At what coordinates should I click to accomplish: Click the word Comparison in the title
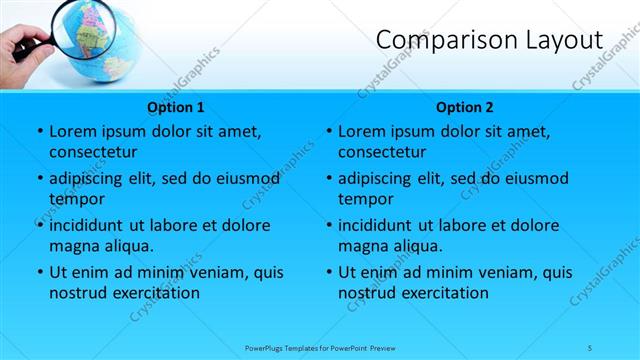pos(441,40)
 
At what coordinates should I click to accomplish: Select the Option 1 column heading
pos(176,107)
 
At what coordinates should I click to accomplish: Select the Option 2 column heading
pos(465,107)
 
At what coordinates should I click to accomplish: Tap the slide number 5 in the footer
pos(591,347)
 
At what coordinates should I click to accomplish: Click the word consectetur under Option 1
pos(93,153)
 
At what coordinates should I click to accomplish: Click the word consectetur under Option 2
pos(382,153)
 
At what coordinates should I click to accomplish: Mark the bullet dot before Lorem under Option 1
pos(39,131)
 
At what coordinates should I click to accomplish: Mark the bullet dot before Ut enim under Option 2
pos(328,272)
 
